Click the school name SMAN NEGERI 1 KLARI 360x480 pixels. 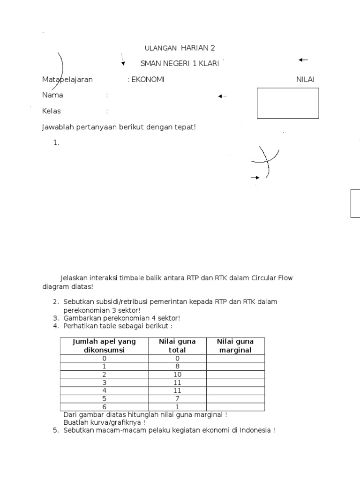click(x=180, y=64)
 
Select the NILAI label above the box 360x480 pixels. click(x=305, y=79)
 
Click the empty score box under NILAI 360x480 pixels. click(x=288, y=103)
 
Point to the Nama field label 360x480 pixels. click(x=52, y=95)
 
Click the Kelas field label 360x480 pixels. click(x=52, y=111)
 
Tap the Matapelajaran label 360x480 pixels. click(x=67, y=79)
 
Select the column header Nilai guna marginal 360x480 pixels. click(x=235, y=345)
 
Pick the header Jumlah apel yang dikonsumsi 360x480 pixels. click(x=104, y=345)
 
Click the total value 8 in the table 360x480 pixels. click(x=177, y=366)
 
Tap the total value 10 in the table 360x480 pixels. click(x=177, y=375)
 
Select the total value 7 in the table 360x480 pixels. click(x=177, y=399)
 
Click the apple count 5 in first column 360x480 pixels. click(x=104, y=399)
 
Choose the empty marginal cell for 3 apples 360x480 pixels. click(x=235, y=382)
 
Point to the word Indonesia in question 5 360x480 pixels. click(x=255, y=430)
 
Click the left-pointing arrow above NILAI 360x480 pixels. click(x=303, y=60)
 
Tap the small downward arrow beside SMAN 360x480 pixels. click(x=123, y=63)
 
